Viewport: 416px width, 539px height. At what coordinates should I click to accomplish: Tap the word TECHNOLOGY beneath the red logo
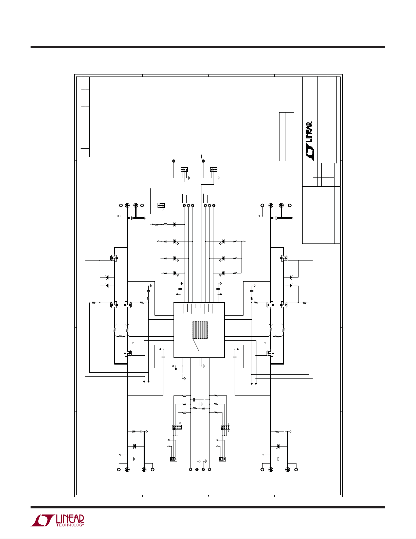pyautogui.click(x=70, y=525)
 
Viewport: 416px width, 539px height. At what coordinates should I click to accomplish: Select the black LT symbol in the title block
pyautogui.click(x=309, y=153)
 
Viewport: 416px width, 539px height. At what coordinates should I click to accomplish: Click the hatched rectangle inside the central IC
pyautogui.click(x=200, y=330)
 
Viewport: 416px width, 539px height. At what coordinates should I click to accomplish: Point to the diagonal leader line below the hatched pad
pyautogui.click(x=196, y=345)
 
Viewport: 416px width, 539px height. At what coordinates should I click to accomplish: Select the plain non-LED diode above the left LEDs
pyautogui.click(x=175, y=224)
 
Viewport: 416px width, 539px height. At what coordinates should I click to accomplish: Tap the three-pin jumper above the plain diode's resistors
pyautogui.click(x=161, y=205)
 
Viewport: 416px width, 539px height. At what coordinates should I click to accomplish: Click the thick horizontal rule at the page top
pyautogui.click(x=208, y=47)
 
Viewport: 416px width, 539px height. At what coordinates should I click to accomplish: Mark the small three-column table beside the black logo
pyautogui.click(x=286, y=136)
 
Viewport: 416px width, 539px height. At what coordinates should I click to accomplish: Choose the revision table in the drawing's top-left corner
pyautogui.click(x=83, y=117)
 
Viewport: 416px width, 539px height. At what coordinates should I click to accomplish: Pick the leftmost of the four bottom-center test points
pyautogui.click(x=191, y=470)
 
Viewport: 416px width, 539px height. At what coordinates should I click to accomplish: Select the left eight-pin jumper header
pyautogui.click(x=177, y=427)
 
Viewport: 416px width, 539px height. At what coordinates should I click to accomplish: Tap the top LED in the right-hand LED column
pyautogui.click(x=223, y=241)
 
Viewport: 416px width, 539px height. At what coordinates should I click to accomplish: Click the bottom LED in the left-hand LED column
pyautogui.click(x=175, y=273)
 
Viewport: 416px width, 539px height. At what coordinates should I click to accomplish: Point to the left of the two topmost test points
pyautogui.click(x=174, y=161)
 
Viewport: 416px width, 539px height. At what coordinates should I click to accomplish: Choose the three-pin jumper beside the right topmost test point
pyautogui.click(x=214, y=169)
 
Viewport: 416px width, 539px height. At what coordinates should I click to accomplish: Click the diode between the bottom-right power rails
pyautogui.click(x=278, y=446)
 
